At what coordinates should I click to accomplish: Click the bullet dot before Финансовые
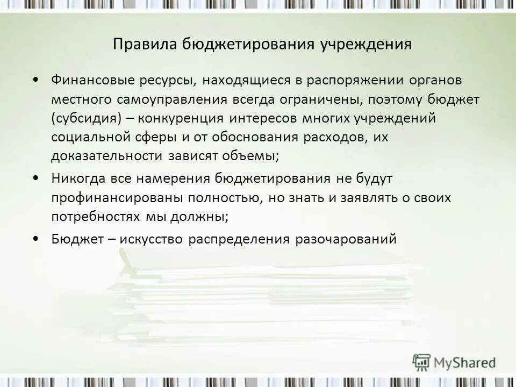click(35, 80)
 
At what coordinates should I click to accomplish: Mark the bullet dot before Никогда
click(35, 178)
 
